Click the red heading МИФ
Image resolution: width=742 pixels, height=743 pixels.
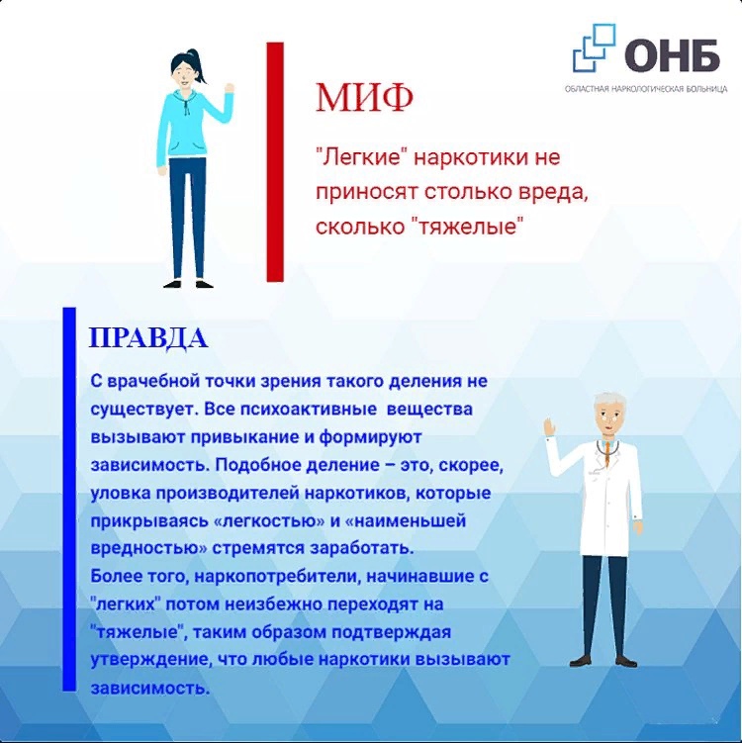click(364, 98)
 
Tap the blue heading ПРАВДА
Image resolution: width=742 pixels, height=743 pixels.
click(148, 337)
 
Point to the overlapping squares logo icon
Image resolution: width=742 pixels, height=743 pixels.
click(595, 47)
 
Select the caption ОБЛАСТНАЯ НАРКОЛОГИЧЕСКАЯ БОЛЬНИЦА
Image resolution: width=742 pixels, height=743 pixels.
click(646, 89)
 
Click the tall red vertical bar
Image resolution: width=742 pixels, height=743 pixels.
click(275, 162)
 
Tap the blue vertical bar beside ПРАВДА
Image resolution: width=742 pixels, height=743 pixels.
click(69, 499)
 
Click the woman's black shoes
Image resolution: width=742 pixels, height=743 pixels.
click(189, 284)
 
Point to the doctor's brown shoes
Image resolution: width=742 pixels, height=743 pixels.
click(603, 660)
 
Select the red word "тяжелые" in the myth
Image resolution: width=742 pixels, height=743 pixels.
click(466, 227)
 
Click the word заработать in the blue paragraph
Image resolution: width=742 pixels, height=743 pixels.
click(362, 549)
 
